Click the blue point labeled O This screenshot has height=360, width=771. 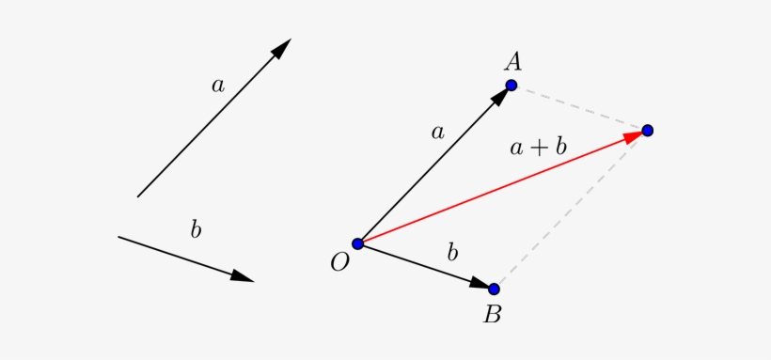[357, 243]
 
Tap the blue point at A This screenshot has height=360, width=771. [511, 86]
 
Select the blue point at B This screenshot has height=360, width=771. [494, 289]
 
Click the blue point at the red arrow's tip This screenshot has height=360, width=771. [648, 130]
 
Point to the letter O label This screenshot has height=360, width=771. [339, 262]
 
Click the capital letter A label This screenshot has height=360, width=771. [512, 62]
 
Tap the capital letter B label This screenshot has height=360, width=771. [492, 314]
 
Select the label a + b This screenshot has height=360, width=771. [538, 147]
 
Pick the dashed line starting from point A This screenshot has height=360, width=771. [579, 107]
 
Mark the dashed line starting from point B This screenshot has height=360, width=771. [571, 210]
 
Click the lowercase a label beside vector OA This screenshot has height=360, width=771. [437, 133]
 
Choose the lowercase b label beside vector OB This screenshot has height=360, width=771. [452, 252]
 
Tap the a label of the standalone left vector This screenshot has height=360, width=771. [218, 86]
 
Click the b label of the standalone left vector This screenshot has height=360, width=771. [196, 228]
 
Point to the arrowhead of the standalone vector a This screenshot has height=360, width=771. [281, 49]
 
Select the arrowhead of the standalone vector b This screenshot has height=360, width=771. [243, 276]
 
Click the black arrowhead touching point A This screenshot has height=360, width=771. [499, 98]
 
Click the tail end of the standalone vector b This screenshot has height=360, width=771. [118, 237]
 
